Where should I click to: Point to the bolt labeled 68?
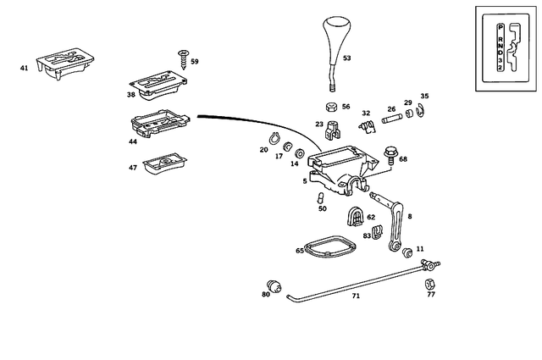coord(390,156)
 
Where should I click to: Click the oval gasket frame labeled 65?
coord(329,247)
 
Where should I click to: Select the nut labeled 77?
coord(429,283)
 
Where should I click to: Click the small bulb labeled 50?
coord(321,197)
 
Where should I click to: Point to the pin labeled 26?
coord(392,119)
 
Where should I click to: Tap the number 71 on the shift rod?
coord(356,296)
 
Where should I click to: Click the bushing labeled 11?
coord(407,252)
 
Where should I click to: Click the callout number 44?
coord(133,142)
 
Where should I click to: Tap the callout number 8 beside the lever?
coord(411,218)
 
